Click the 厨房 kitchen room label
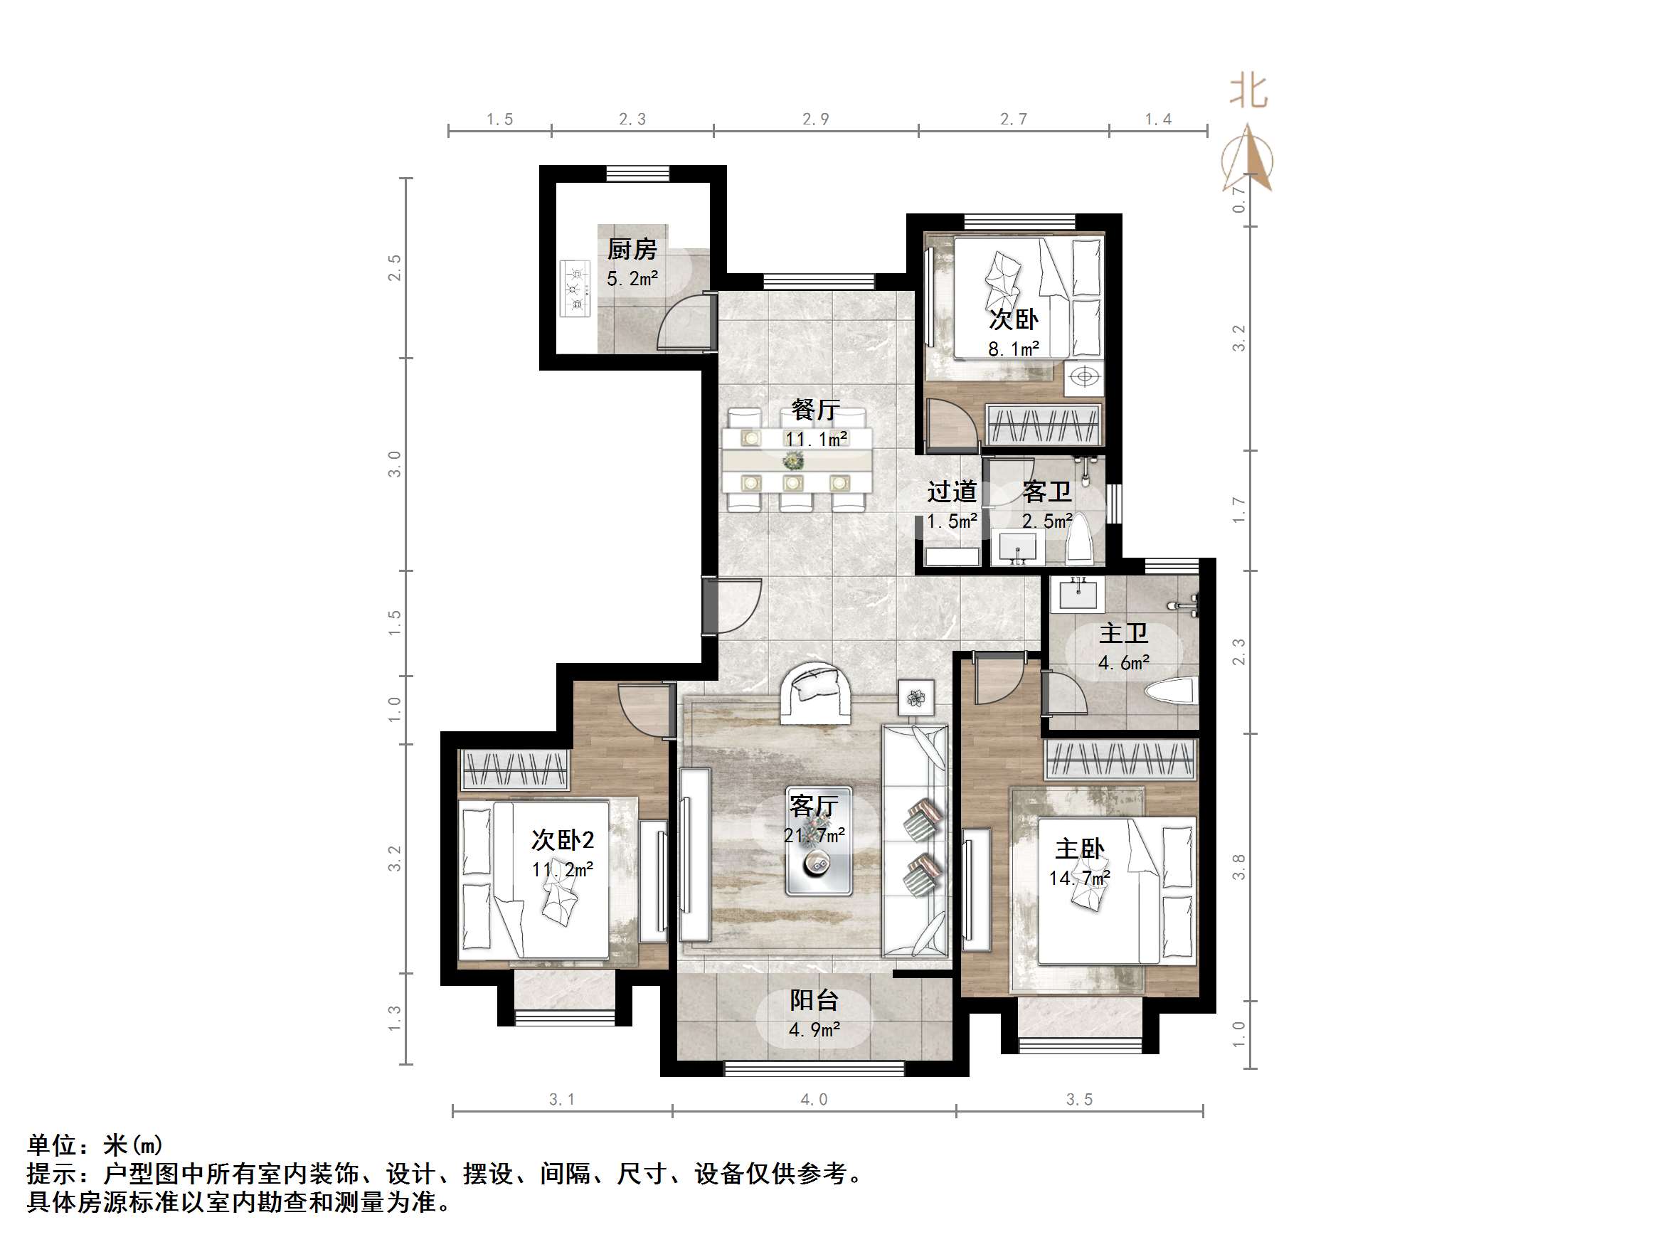tap(631, 248)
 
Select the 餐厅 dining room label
tap(815, 410)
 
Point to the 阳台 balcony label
tap(814, 1000)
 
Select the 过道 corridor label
tap(952, 492)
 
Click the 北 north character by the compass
tap(1248, 92)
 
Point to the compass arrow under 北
tap(1248, 159)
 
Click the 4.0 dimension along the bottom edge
tap(814, 1099)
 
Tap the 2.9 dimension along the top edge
tap(815, 119)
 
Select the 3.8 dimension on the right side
tap(1239, 866)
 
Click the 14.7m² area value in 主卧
tap(1079, 877)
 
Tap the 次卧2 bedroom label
tap(562, 840)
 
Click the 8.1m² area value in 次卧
tap(1013, 349)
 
